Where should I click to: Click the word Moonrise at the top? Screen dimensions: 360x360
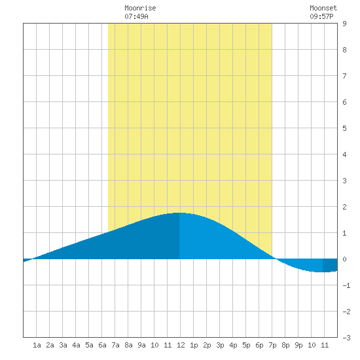(x=140, y=8)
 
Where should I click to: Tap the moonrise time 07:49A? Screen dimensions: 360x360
(x=136, y=16)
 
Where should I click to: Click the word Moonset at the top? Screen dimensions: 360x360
(x=323, y=8)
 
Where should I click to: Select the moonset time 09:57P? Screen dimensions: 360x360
(x=321, y=16)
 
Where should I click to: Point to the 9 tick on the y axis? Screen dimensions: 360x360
(x=344, y=24)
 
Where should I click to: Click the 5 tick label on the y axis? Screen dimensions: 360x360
(x=344, y=128)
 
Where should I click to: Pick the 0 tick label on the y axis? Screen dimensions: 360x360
(x=344, y=259)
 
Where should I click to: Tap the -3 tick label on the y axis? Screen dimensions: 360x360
(x=346, y=338)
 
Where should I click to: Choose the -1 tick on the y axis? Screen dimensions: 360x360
(x=346, y=285)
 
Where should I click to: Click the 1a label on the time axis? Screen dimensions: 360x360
(x=37, y=345)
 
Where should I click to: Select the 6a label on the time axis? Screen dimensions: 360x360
(x=102, y=345)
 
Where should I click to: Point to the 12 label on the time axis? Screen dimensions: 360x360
(x=181, y=345)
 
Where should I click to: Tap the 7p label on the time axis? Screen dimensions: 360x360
(x=272, y=345)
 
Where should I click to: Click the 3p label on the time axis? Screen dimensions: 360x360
(x=220, y=345)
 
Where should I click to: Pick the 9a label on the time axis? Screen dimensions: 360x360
(x=141, y=345)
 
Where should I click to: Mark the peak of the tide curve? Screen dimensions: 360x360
(x=179, y=213)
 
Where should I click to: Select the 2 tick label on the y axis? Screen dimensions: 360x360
(x=344, y=207)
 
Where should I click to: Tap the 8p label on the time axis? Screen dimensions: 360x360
(x=285, y=345)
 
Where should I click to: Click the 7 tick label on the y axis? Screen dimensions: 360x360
(x=344, y=76)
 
